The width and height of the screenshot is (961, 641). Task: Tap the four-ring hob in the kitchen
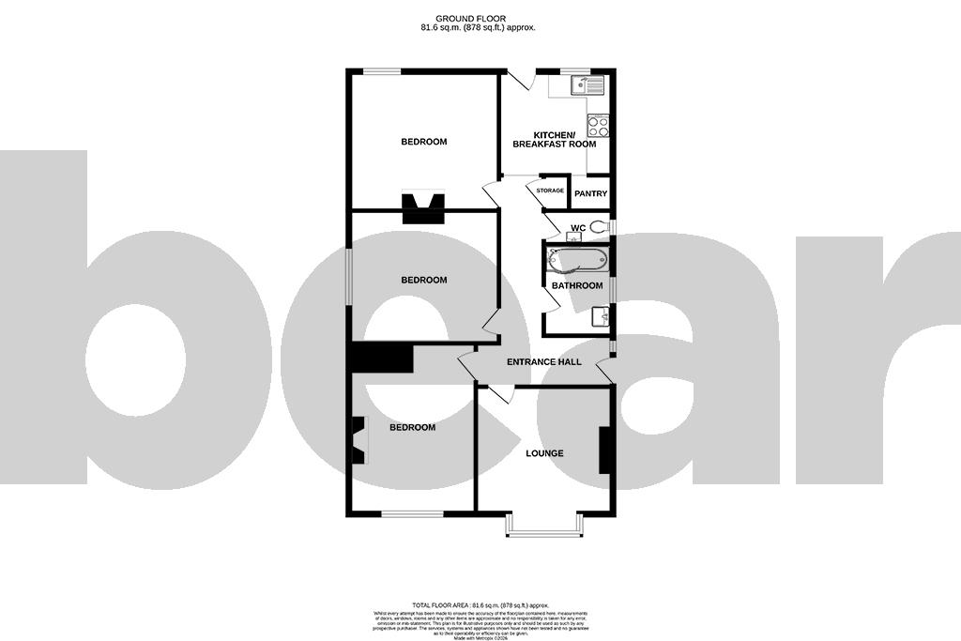[x=598, y=125]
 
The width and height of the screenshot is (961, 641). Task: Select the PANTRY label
[x=591, y=194]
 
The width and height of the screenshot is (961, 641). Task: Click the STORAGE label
[x=551, y=191]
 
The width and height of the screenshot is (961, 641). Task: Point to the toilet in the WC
[x=601, y=226]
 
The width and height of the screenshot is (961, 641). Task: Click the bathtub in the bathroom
[x=576, y=258]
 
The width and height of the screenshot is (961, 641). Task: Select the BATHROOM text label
[x=576, y=285]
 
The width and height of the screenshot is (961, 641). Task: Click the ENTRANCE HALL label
[x=544, y=361]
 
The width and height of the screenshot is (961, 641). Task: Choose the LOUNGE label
[x=544, y=453]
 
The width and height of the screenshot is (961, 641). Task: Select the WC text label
[x=578, y=227]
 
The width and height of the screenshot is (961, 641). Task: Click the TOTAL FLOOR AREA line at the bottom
[x=480, y=605]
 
